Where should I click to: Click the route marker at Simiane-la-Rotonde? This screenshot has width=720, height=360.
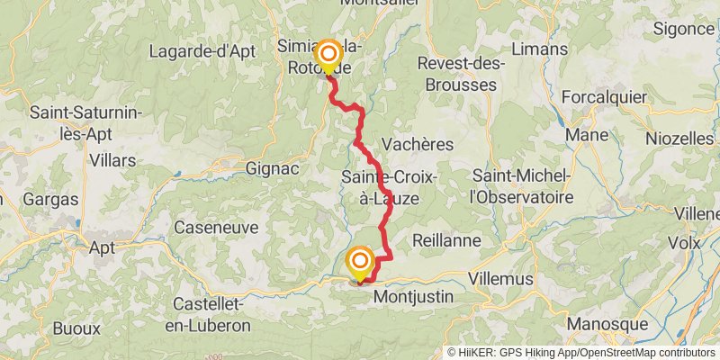tap(327, 55)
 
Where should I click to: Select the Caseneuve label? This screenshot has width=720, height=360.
tap(215, 228)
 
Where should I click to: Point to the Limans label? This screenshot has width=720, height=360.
tap(538, 49)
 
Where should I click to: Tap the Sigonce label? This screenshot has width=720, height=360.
tap(684, 29)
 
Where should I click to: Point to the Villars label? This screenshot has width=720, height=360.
tap(112, 160)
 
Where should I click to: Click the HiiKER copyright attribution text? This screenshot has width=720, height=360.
tap(581, 353)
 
